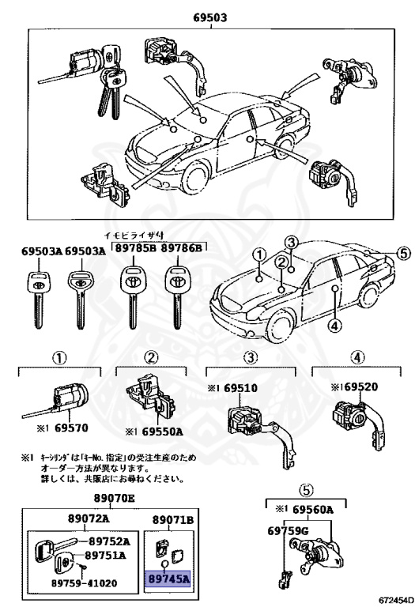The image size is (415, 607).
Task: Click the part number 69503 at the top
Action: (x=206, y=17)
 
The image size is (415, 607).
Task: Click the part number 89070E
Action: (x=115, y=499)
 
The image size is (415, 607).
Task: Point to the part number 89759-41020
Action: (x=77, y=582)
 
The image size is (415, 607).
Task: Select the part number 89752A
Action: (x=108, y=541)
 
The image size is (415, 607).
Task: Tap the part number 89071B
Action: (x=172, y=519)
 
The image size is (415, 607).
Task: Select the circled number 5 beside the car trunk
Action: (x=403, y=254)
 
